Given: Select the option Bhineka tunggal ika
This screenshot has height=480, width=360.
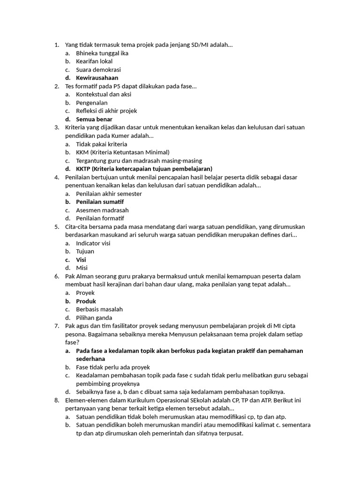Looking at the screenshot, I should coord(102,53).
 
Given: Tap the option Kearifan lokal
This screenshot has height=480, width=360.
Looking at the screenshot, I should coord(94,61).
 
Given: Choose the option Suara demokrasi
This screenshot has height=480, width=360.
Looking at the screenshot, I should coord(98,70).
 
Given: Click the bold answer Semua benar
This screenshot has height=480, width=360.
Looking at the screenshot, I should coord(94,119).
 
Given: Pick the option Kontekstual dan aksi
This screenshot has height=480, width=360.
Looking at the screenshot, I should coord(103,94).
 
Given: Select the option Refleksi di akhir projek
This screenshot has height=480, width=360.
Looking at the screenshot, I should coord(106,111).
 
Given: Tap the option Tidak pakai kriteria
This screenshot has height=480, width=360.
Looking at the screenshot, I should coord(101,144).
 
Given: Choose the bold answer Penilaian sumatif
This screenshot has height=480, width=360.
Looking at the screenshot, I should coord(100,202).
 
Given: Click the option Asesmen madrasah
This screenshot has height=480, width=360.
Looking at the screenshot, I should coord(102,210).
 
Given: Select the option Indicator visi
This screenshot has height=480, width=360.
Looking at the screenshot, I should coord(93,243).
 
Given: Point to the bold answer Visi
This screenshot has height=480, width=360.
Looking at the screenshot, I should coord(81,260).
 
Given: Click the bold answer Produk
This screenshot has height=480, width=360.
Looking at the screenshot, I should coord(86,301).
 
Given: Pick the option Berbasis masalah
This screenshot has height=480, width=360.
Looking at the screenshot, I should coord(99,309).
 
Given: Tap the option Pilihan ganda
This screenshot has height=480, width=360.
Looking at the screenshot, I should coord(94,318).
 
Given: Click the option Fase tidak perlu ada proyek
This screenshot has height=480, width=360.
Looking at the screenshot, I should coord(112,367).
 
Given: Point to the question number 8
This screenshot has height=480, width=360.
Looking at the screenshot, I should coord(56,400).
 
